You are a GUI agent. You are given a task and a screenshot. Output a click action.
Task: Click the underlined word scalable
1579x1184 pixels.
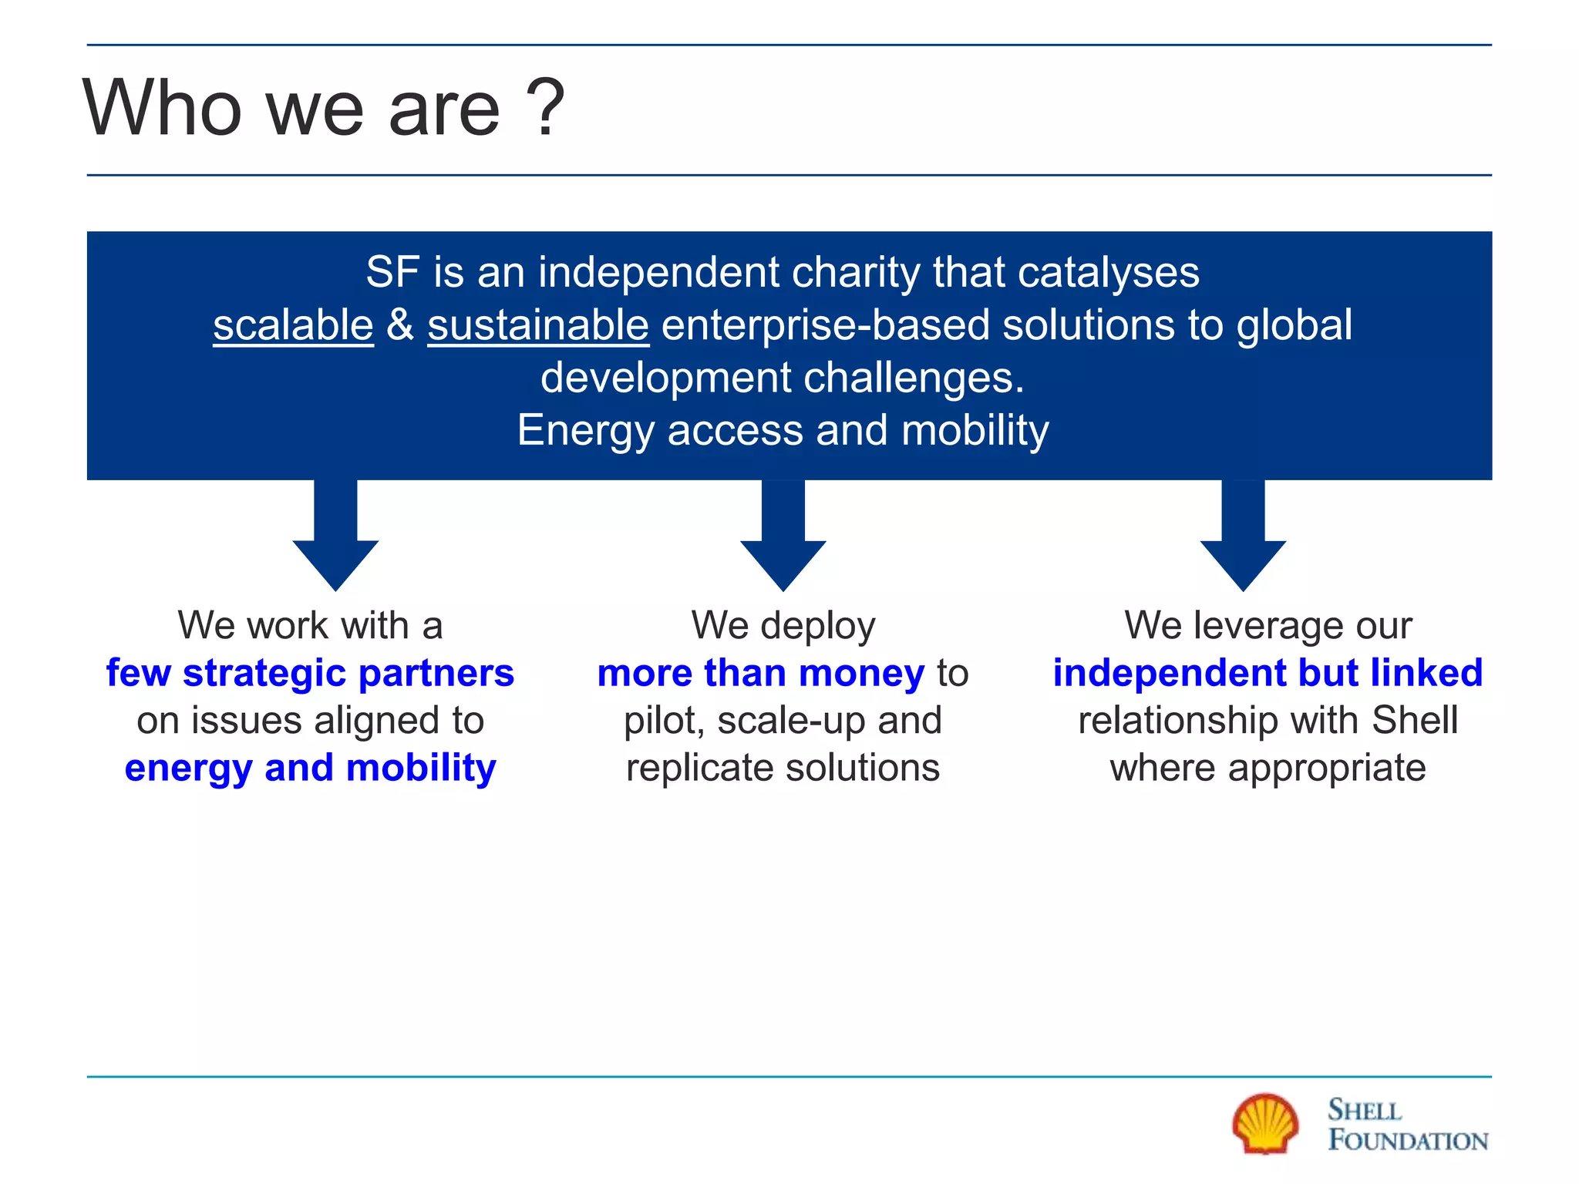click(x=293, y=325)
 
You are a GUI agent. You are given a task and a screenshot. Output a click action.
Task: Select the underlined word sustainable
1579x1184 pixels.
click(x=537, y=325)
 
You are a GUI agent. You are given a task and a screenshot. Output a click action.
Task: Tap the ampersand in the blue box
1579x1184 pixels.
click(x=400, y=325)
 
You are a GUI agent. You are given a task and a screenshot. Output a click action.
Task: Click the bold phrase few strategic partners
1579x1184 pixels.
click(x=310, y=673)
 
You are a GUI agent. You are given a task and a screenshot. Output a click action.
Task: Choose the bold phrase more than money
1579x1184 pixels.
click(x=760, y=673)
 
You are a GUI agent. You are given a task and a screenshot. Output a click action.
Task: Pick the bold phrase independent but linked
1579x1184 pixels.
click(x=1268, y=673)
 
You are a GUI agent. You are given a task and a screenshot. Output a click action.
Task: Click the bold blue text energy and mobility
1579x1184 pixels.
click(x=310, y=768)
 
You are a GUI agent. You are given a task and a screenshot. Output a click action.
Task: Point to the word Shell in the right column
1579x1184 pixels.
click(x=1415, y=721)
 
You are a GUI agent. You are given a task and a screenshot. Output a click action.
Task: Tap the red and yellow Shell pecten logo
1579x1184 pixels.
click(x=1264, y=1124)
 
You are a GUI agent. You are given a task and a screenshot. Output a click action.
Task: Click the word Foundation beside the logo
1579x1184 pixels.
click(x=1408, y=1141)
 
